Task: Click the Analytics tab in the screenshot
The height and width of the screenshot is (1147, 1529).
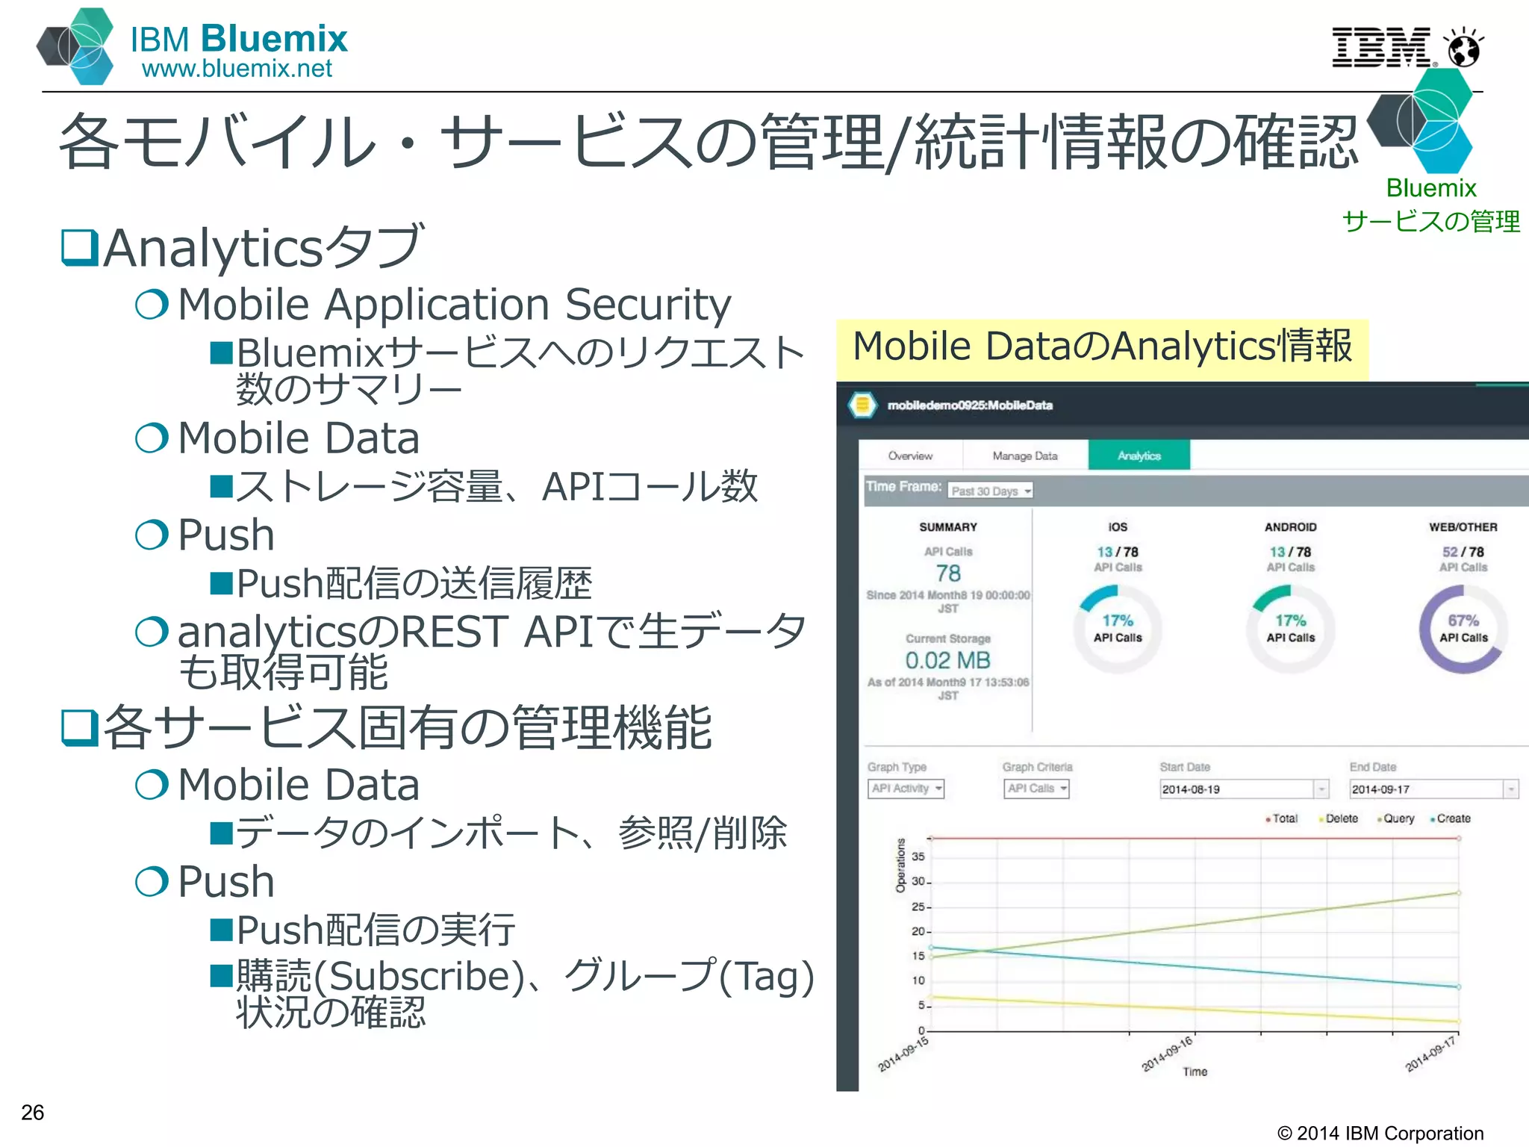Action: (1139, 456)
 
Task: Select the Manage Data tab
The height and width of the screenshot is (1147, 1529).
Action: (1024, 456)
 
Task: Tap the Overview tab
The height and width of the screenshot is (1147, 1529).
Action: (910, 456)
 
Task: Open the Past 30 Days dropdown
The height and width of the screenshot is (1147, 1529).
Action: (991, 491)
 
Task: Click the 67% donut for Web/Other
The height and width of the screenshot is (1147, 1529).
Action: (1463, 629)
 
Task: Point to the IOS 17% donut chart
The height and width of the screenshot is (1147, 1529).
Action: (1117, 629)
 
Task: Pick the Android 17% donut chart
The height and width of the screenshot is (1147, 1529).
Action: (1290, 629)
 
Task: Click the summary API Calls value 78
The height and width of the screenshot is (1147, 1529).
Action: (948, 573)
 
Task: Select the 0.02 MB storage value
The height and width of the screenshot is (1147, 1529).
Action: (947, 660)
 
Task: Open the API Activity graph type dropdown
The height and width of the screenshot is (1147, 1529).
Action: (906, 789)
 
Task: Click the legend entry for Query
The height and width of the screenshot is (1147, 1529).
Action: (1398, 818)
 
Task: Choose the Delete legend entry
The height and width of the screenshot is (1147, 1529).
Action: (1341, 818)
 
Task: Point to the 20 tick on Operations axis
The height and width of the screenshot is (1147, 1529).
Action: (918, 931)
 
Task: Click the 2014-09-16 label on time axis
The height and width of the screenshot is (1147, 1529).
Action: (1168, 1053)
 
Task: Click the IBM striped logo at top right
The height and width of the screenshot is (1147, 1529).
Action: (1381, 47)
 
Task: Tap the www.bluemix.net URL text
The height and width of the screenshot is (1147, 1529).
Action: (237, 69)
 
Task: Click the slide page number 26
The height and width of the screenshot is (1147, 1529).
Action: (33, 1112)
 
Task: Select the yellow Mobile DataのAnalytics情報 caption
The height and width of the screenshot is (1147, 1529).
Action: (1102, 348)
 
